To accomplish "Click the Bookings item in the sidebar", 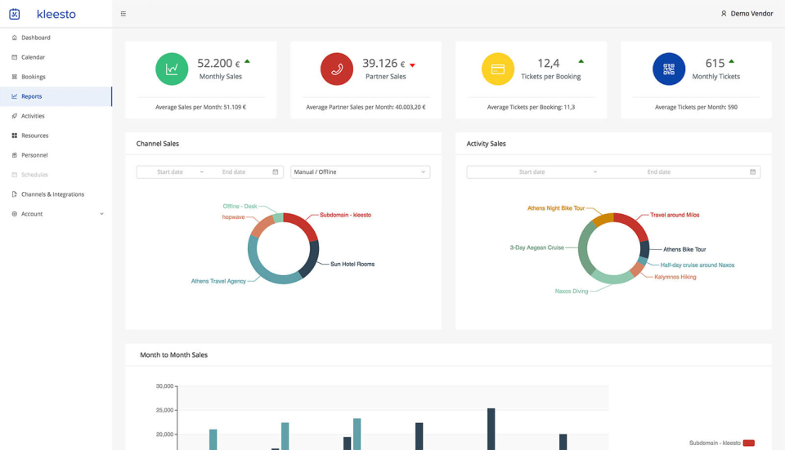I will pos(33,77).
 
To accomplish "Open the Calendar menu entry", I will pos(33,57).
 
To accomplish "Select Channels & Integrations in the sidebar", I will pos(52,194).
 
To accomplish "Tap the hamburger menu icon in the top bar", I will pos(123,14).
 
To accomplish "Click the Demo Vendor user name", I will pos(751,14).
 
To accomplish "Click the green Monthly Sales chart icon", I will pos(172,69).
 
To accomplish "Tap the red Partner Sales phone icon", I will pos(337,69).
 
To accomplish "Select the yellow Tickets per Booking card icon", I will pos(498,69).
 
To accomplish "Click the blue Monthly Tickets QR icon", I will pos(669,69).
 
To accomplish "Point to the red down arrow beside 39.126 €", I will pos(412,65).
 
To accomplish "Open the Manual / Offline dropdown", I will pos(360,172).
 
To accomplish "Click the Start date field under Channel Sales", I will pos(170,172).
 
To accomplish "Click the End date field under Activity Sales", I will pos(658,172).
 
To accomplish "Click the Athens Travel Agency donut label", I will pos(218,281).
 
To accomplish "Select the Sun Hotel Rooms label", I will pos(352,265).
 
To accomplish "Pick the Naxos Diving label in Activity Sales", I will pos(572,291).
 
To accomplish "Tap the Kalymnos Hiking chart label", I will pos(675,277).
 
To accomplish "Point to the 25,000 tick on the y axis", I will pos(164,410).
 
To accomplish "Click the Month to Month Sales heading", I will pos(173,355).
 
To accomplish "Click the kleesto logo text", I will pos(56,14).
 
